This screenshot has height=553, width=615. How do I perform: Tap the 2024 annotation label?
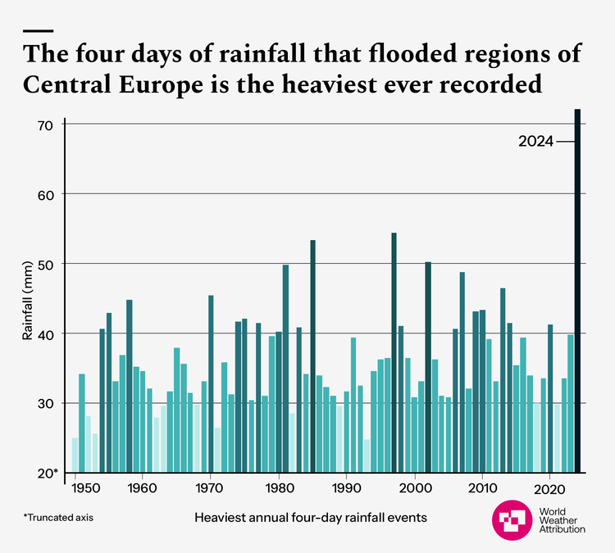click(x=536, y=142)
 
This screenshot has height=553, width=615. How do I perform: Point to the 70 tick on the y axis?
click(x=44, y=125)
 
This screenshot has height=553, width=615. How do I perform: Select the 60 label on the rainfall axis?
click(x=44, y=195)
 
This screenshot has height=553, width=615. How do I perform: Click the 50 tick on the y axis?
click(x=44, y=265)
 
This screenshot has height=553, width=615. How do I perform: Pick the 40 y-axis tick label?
click(x=44, y=334)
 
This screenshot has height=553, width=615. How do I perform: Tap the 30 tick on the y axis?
click(x=44, y=404)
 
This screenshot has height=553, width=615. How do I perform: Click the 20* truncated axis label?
click(x=46, y=474)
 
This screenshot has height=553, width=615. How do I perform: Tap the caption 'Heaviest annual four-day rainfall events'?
click(x=311, y=518)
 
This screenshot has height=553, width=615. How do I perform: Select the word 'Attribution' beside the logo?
click(x=562, y=529)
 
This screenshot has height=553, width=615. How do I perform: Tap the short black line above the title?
click(x=39, y=30)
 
